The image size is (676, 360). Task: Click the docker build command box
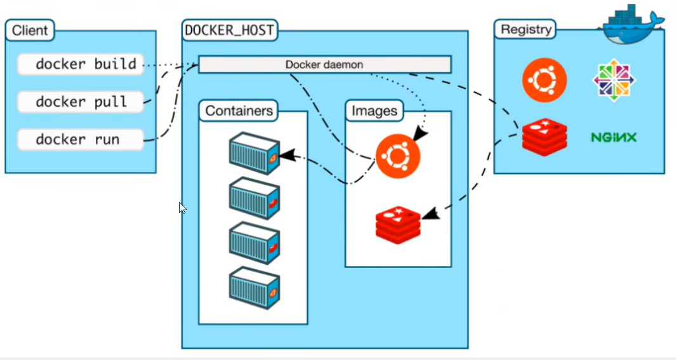coord(79,63)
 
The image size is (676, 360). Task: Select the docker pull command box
coord(79,102)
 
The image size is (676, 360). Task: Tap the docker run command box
coord(79,140)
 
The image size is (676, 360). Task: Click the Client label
coord(30,30)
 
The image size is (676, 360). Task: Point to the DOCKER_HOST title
coord(230,30)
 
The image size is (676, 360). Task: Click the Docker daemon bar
coord(324,65)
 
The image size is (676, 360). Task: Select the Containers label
coord(239,111)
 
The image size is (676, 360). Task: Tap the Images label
coord(374,111)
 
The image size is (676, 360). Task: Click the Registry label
coord(526,29)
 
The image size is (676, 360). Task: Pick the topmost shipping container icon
coord(254,152)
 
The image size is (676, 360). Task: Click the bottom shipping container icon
coord(254,287)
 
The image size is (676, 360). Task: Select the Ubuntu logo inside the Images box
coord(398,156)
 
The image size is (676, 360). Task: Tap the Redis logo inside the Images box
coord(398,223)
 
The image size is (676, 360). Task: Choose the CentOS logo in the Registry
coord(614,81)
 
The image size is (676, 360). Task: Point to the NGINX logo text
coord(613,137)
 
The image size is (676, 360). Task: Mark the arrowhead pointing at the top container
coord(286,154)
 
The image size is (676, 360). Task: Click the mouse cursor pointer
coord(182,207)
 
